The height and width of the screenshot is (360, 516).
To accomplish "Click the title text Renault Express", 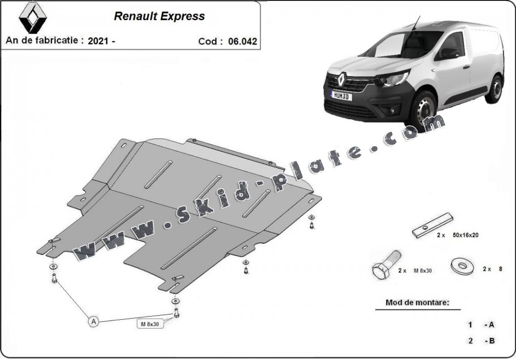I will click(159, 16).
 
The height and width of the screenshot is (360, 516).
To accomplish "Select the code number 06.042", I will click(242, 42).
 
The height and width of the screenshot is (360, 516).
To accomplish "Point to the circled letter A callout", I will click(93, 321).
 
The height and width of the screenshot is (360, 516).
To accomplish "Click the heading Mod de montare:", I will click(417, 302).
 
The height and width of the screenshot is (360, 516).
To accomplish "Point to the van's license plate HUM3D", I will click(341, 96).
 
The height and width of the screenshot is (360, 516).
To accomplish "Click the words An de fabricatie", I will click(44, 40).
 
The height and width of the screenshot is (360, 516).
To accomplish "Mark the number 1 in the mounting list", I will click(470, 325).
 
